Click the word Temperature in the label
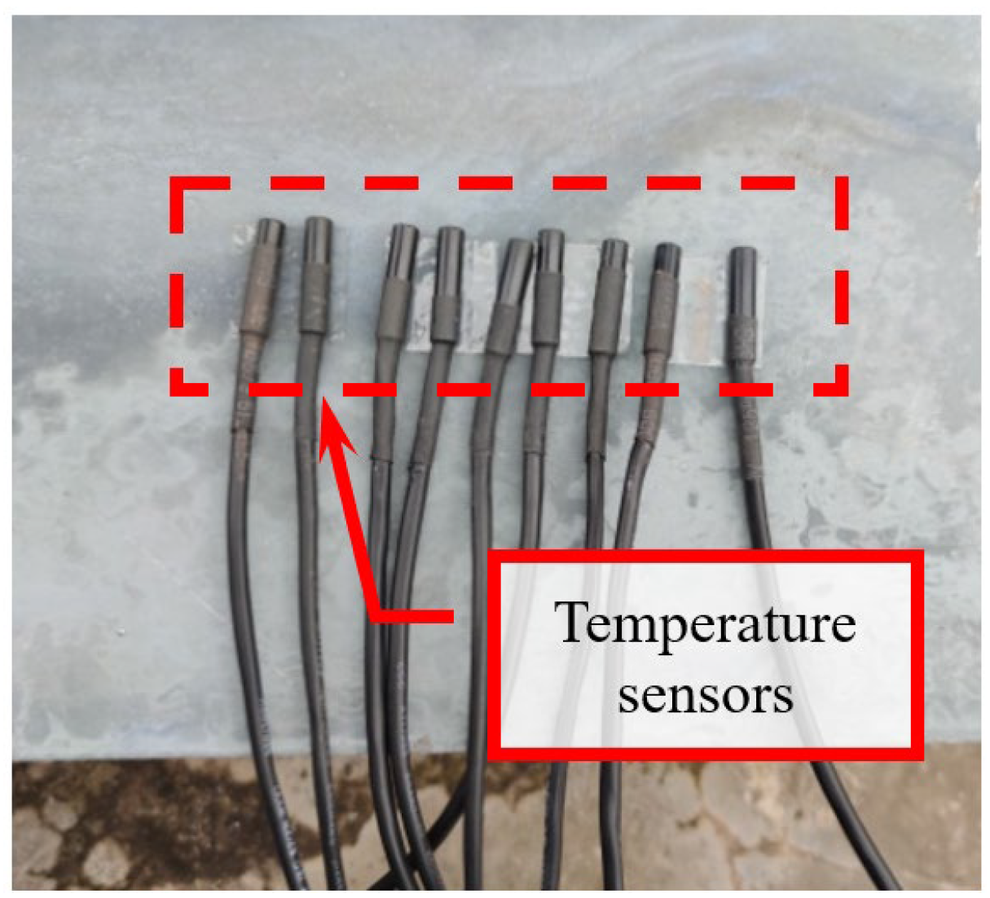[x=705, y=625]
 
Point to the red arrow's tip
[x=323, y=398]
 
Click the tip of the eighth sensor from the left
[x=667, y=249]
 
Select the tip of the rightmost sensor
[x=741, y=253]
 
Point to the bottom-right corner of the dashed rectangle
[x=842, y=389]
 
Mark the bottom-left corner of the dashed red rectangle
[x=176, y=389]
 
